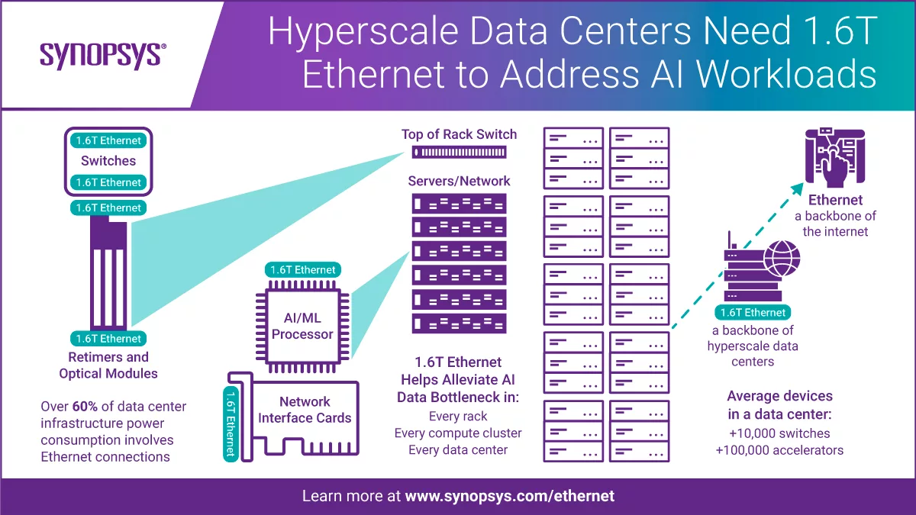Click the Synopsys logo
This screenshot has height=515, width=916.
102,56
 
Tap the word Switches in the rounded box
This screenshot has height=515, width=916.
108,161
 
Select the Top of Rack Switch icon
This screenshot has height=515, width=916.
459,153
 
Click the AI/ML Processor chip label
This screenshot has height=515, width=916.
302,326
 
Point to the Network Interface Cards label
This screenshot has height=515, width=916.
305,410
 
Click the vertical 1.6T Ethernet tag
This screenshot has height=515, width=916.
231,424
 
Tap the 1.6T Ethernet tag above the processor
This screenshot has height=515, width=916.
302,270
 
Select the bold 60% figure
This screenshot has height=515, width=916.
85,406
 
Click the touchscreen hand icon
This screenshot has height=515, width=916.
835,158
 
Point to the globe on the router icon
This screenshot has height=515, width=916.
782,259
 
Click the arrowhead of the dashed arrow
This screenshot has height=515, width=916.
798,189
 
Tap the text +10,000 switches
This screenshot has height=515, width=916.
779,433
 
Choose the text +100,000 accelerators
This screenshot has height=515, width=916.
779,450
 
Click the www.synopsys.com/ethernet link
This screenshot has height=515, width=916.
510,496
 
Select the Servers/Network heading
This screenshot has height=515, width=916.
459,181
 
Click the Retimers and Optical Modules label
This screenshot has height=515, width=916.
108,365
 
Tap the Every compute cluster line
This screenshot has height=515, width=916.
458,433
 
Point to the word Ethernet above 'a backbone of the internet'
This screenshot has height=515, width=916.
835,200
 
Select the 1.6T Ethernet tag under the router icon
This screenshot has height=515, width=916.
753,313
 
